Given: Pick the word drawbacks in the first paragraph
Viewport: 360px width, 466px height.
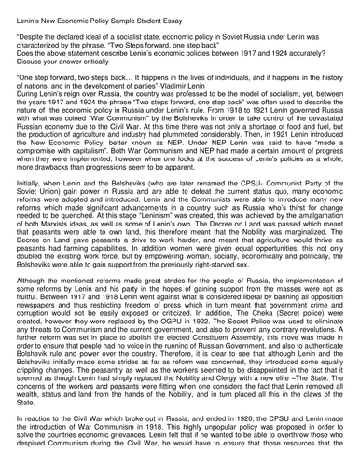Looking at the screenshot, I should pos(55,191).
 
